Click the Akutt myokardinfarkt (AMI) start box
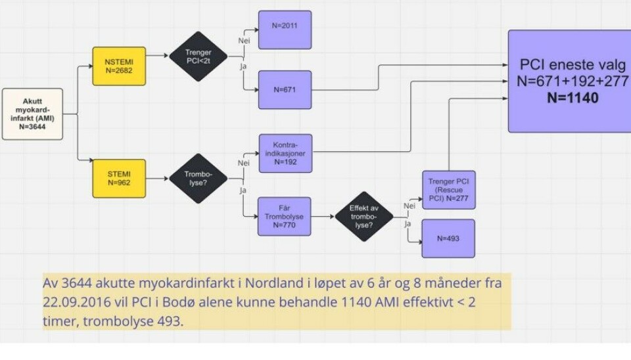tap(33, 114)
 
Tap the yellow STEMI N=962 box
tap(119, 178)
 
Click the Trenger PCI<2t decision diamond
tap(199, 56)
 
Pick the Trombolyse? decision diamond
tap(199, 178)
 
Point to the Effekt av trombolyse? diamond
tap(364, 216)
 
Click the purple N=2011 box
tap(285, 30)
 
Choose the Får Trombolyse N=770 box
tap(285, 216)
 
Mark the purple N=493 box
tap(448, 238)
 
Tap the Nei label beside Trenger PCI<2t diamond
tap(242, 41)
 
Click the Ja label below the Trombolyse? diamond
tap(242, 190)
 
